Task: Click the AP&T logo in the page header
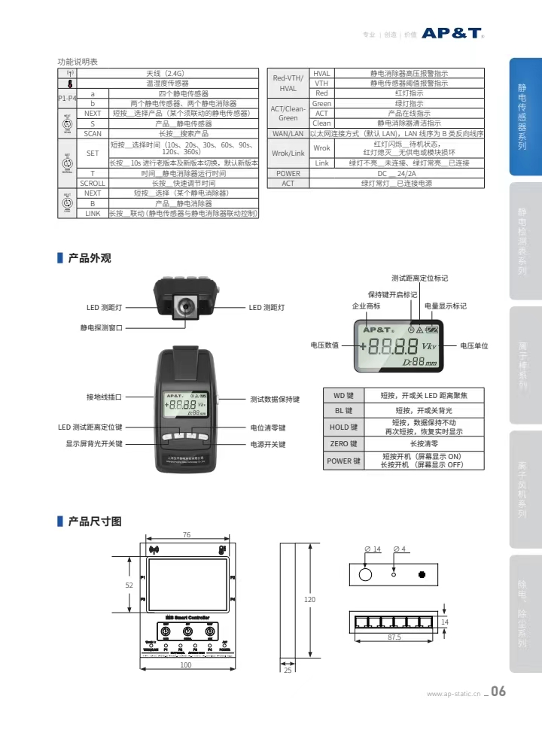(452, 33)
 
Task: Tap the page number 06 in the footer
(498, 692)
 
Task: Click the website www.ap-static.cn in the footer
(453, 694)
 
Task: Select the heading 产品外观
(90, 258)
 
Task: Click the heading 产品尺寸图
(94, 521)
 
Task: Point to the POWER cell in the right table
(288, 173)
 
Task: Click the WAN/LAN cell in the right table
(288, 133)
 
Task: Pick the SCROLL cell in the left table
(93, 183)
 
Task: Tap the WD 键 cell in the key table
(343, 396)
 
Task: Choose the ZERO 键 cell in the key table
(343, 444)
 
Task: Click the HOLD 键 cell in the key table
(343, 427)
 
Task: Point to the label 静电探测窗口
(102, 327)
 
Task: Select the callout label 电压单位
(474, 345)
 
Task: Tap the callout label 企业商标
(366, 306)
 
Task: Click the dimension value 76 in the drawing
(186, 535)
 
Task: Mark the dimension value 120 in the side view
(309, 600)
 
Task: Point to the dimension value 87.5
(394, 637)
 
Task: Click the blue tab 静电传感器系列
(522, 117)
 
